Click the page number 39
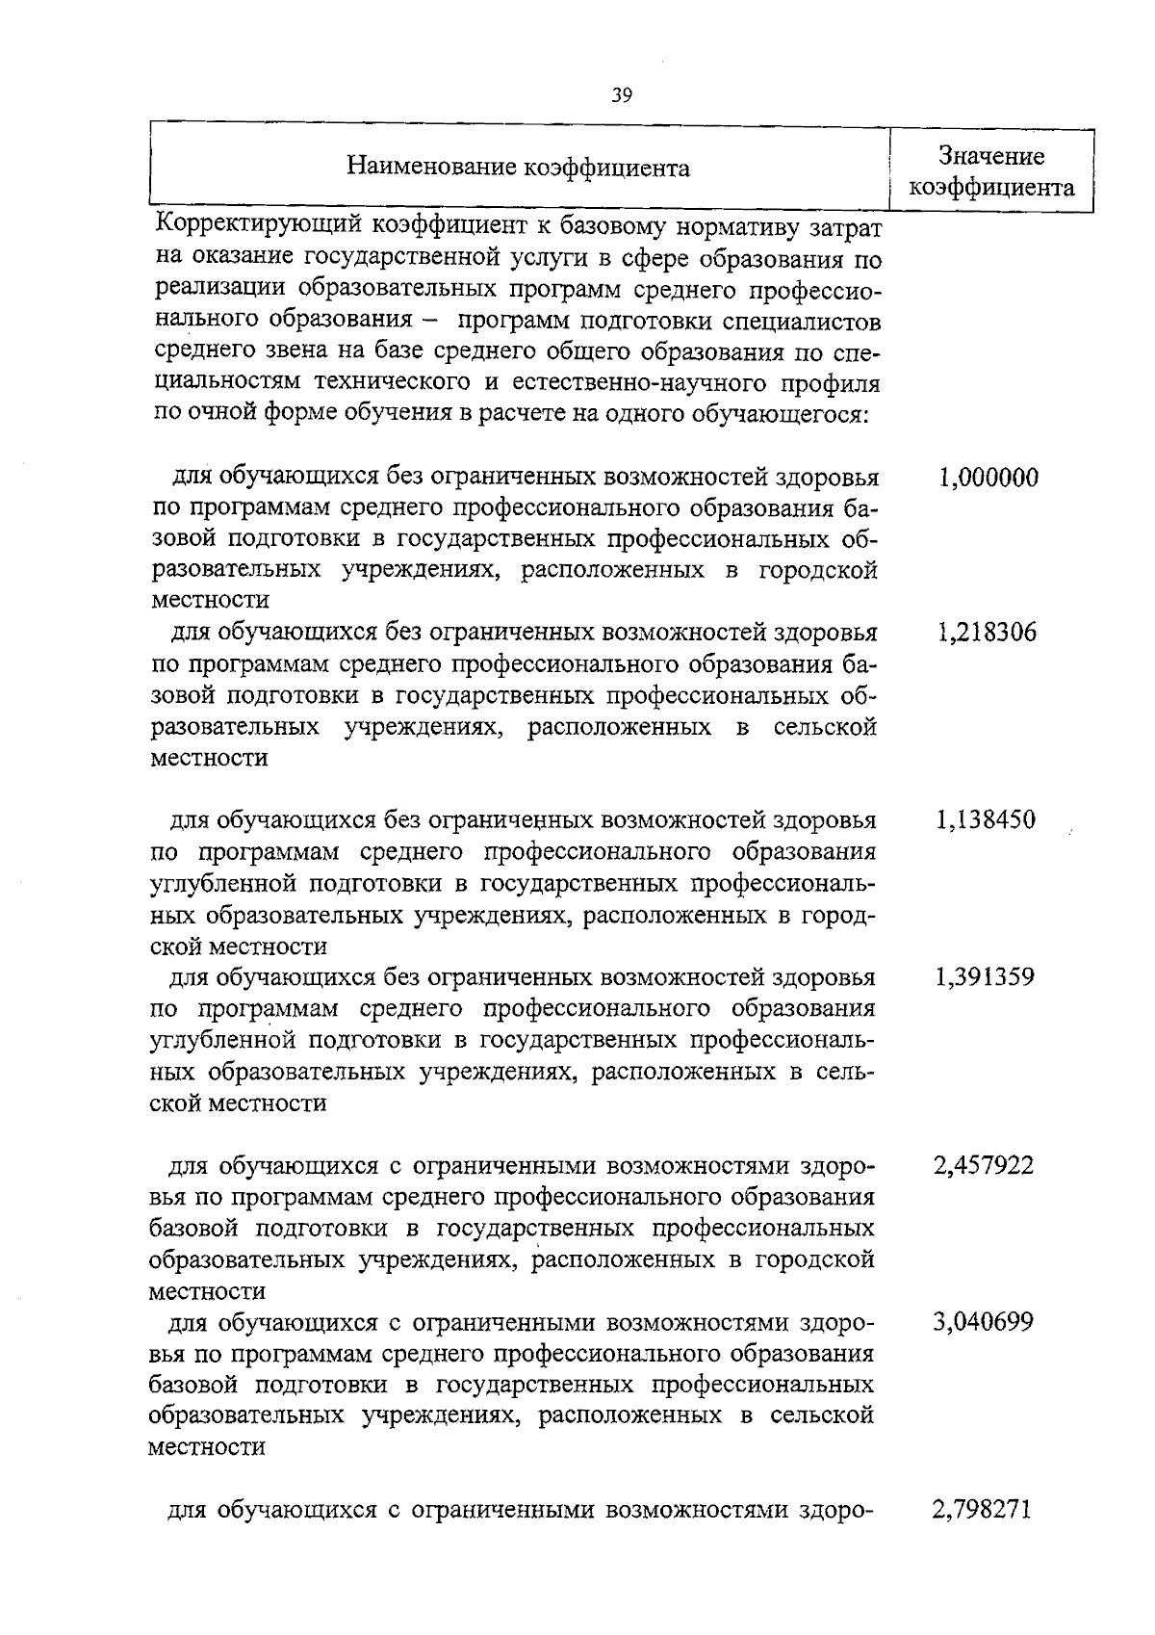(x=621, y=94)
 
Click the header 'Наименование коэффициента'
(x=518, y=168)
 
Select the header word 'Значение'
(x=991, y=156)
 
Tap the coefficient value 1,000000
(x=988, y=477)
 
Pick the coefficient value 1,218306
(x=986, y=633)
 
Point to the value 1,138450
(x=985, y=820)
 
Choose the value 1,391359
(x=985, y=977)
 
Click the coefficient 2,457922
(x=984, y=1166)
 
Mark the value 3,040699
(x=984, y=1322)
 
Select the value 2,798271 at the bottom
(x=982, y=1509)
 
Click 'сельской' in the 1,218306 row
(x=825, y=727)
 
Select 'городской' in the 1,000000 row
(x=817, y=571)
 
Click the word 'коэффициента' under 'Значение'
(x=991, y=187)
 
